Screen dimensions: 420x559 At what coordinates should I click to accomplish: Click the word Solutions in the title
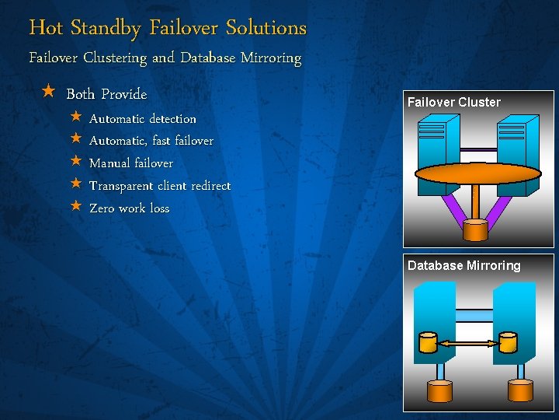tap(266, 28)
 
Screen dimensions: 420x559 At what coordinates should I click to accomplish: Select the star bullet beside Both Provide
tap(48, 93)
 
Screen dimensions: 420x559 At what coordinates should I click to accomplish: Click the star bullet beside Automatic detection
tap(75, 117)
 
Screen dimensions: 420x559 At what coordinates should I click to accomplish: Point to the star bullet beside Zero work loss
tap(75, 207)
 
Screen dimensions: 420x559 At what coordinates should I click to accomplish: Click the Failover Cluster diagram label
tap(454, 102)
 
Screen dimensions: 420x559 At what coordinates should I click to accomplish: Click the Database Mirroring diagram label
tap(464, 265)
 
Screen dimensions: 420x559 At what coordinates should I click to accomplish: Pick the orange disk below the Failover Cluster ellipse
tap(474, 229)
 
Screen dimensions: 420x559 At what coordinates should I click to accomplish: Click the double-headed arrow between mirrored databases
tap(467, 343)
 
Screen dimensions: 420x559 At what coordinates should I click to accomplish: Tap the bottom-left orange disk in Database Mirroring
tap(439, 391)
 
